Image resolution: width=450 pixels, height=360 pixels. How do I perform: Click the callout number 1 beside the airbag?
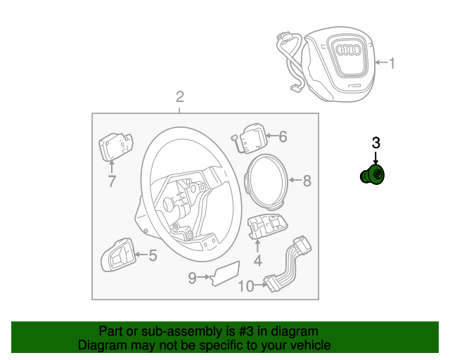pos(392,64)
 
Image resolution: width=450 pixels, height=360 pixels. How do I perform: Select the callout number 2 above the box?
pos(180,96)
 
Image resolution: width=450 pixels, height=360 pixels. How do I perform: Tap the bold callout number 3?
pos(375,143)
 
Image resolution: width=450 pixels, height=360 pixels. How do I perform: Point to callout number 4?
pos(257,261)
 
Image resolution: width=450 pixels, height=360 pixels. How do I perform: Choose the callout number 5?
pos(152,255)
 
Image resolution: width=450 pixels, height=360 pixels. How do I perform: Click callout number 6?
pos(283,136)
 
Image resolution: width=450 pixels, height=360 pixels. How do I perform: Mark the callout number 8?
pos(307,181)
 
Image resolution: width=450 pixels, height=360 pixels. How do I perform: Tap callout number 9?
pos(192,278)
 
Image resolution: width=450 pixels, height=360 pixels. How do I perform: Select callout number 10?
pos(246,285)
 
